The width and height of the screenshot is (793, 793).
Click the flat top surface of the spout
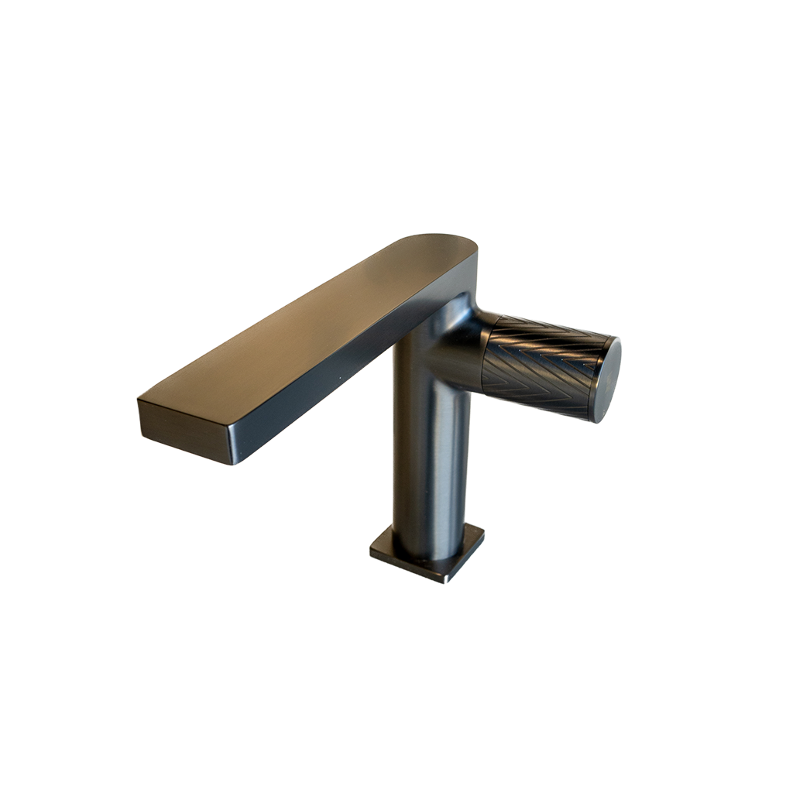tap(310, 325)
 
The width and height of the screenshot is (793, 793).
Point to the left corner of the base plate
tap(371, 551)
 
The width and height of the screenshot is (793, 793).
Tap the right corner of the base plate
tap(483, 531)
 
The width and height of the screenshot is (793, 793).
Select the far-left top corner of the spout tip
tap(139, 400)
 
